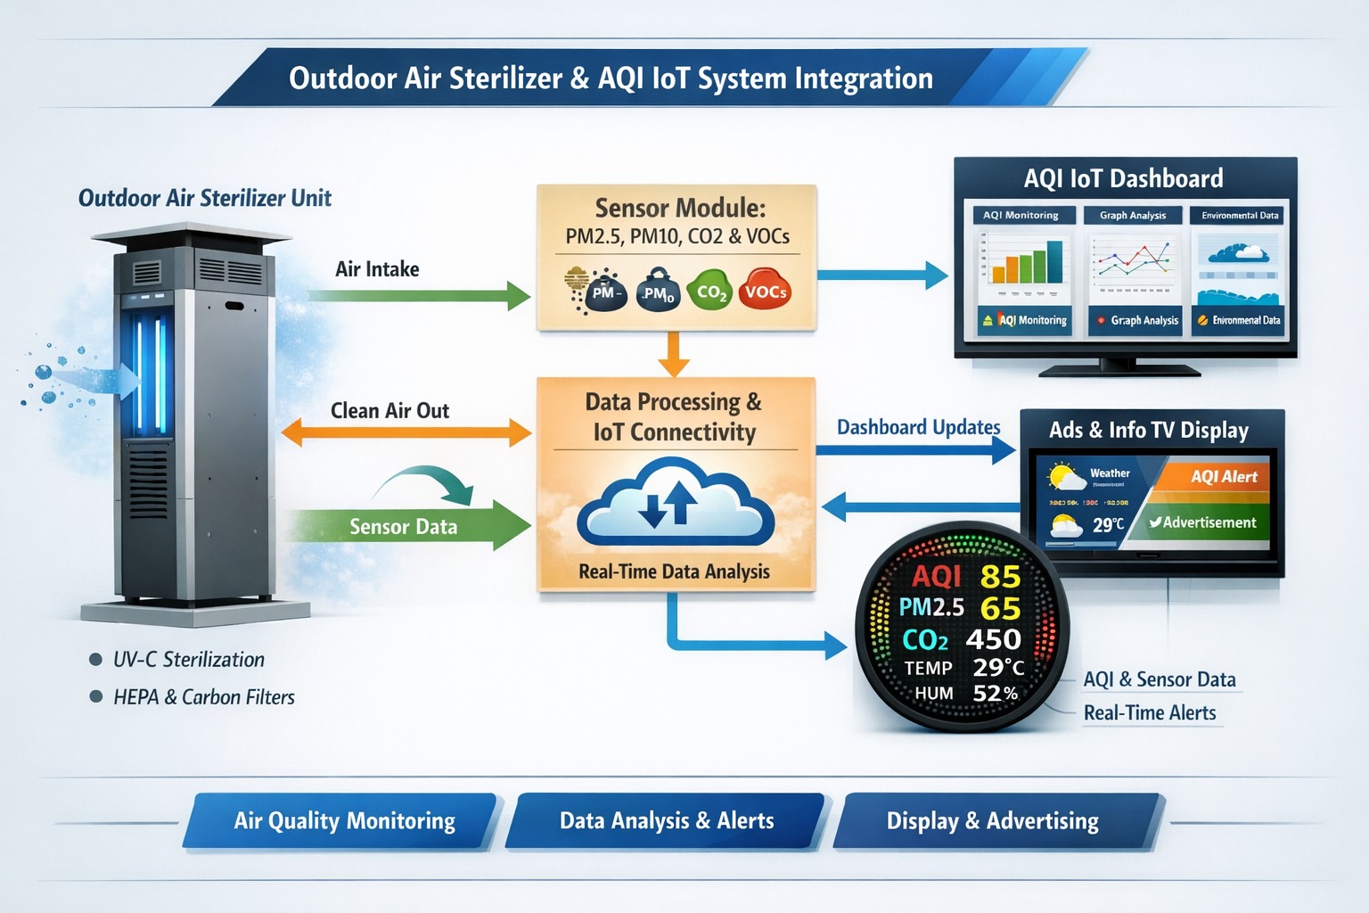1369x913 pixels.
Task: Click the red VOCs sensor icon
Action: [765, 290]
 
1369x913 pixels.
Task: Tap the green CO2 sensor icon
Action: [709, 291]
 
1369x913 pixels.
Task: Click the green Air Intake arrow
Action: [419, 295]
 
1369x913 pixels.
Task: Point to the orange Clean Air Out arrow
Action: [406, 433]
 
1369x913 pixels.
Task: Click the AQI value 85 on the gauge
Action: [1000, 577]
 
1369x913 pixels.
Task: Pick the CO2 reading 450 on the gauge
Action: [993, 639]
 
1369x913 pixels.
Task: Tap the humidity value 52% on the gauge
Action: [995, 693]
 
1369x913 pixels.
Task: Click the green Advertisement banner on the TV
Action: [1203, 522]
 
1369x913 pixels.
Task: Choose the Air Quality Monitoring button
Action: [343, 820]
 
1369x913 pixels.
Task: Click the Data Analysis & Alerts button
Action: [667, 820]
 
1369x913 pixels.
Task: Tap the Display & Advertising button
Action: [993, 820]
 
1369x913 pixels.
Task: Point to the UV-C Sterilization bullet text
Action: [188, 660]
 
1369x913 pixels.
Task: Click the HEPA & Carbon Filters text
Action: [203, 697]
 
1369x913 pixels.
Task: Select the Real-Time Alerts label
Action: [1150, 713]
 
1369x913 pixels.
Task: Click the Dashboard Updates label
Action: [918, 427]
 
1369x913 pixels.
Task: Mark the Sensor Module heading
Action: [680, 208]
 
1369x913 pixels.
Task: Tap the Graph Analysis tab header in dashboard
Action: [1133, 215]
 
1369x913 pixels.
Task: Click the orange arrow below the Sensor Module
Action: [674, 353]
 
